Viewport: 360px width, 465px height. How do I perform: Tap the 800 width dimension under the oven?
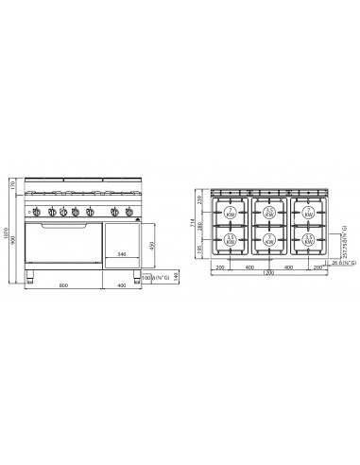62,286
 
